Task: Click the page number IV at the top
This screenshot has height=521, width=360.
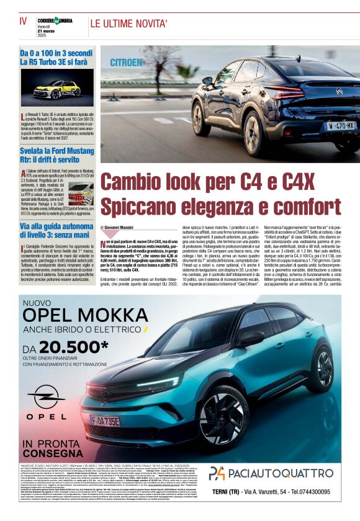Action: click(x=24, y=20)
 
